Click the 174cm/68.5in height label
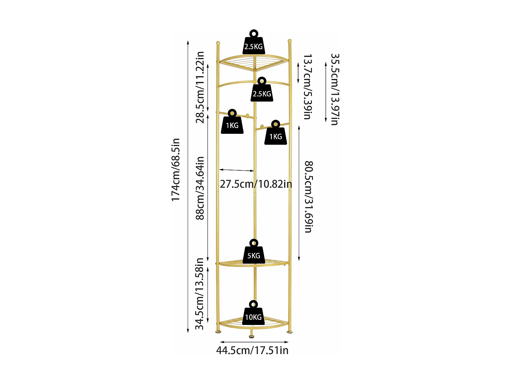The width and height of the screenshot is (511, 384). (x=175, y=170)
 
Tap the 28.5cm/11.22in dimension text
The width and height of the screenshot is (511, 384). (x=200, y=87)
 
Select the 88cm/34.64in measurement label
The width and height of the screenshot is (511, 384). (x=200, y=188)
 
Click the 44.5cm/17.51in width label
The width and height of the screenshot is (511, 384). (x=252, y=351)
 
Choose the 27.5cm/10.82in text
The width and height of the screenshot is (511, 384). (x=256, y=184)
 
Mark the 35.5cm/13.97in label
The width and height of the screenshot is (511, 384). (x=335, y=89)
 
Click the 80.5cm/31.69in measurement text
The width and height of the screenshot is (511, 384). (x=308, y=197)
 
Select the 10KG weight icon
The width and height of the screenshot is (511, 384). (x=253, y=316)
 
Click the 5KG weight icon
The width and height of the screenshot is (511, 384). (x=254, y=254)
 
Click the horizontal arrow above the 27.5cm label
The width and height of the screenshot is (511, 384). (x=237, y=170)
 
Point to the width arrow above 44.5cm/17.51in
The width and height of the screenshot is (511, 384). (x=254, y=342)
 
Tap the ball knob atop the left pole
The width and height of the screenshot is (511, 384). (x=218, y=43)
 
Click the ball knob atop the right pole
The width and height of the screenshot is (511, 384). (x=290, y=41)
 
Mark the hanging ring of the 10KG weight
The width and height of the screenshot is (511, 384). (x=253, y=303)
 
